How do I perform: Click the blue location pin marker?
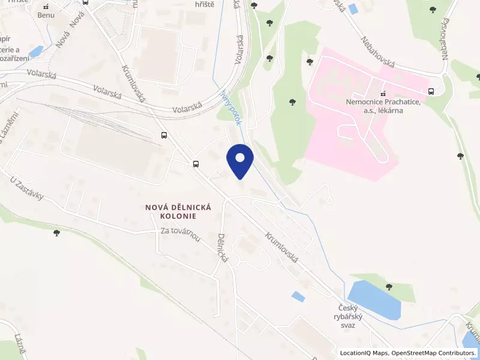point(240,160)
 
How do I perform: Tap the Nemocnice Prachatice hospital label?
point(382,107)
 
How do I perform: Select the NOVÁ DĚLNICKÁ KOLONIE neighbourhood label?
point(179,211)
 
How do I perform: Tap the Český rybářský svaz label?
point(353,317)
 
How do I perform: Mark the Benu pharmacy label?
point(46,15)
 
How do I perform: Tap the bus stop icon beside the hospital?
point(431,92)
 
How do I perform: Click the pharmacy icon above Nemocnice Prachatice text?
point(382,94)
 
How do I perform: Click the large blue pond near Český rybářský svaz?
point(373,300)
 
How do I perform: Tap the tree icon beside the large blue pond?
point(389,286)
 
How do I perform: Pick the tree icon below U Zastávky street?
point(57,232)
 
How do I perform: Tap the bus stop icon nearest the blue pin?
point(196,164)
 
